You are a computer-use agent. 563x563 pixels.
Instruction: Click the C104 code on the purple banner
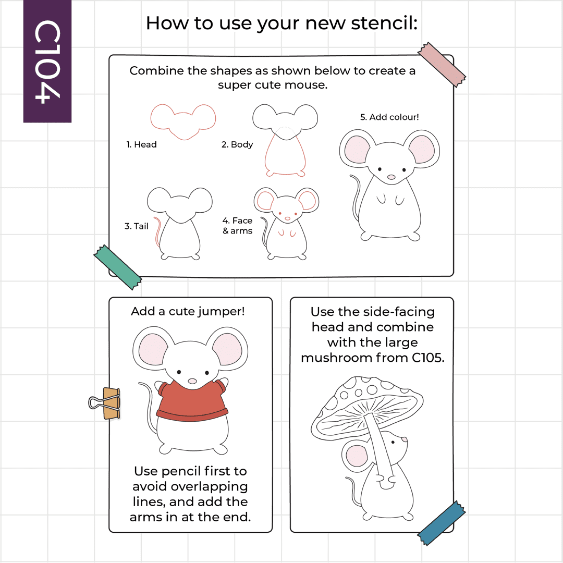coord(47,62)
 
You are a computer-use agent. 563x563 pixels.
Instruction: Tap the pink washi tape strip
coord(442,65)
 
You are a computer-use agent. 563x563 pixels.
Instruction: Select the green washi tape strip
coord(117,267)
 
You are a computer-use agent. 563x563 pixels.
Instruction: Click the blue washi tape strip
coord(442,523)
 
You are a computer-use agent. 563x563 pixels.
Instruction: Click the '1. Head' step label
coord(141,144)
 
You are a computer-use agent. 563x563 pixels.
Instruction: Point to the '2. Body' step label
coord(237,144)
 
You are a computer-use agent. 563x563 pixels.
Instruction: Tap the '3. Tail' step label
coord(137,226)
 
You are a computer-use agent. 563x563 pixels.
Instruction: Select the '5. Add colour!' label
coord(389,117)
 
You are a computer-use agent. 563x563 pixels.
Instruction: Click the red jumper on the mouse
coord(192,401)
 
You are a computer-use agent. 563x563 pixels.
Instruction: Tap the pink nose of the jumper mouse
coord(192,381)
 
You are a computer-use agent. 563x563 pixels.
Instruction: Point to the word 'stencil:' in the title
coord(385,23)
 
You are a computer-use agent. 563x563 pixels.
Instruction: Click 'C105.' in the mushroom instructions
coord(428,358)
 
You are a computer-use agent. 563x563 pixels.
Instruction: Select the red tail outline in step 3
coord(157,231)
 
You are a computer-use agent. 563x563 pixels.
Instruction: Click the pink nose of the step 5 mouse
coord(391,177)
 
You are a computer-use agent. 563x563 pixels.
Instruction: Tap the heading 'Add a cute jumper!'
coord(188,311)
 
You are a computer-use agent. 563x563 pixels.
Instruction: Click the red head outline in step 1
coord(183,121)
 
